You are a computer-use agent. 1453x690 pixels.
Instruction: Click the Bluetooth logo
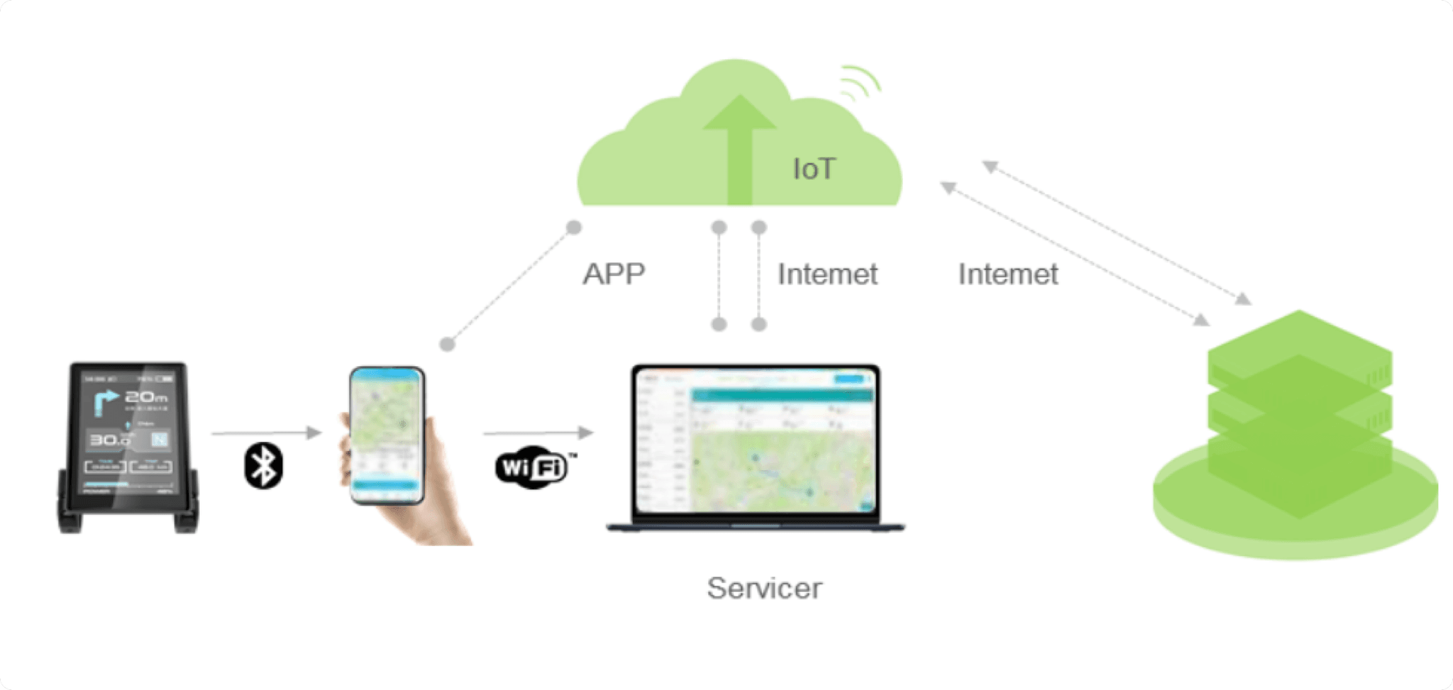coord(263,465)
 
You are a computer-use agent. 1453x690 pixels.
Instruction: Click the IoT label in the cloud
coord(814,169)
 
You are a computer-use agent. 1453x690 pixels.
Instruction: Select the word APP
coord(614,274)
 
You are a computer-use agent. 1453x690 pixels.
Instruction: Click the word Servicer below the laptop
coord(764,588)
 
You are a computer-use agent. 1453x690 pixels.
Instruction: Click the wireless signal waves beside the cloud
coord(860,84)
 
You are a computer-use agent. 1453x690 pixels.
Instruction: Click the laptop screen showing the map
coord(756,440)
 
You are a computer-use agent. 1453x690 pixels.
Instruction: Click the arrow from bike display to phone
coord(267,432)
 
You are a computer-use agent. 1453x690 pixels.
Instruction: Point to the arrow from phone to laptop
coord(538,432)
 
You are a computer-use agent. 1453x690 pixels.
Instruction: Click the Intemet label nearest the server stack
coord(1007,274)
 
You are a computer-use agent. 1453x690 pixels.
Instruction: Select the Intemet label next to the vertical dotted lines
coord(827,274)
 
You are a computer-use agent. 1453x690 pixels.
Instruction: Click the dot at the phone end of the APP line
coord(447,345)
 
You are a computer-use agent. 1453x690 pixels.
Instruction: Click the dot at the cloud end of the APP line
coord(574,228)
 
